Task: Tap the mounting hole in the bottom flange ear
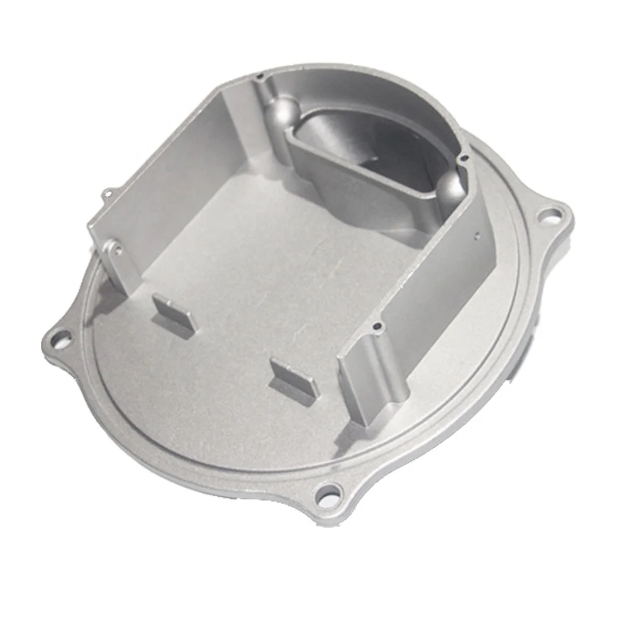(x=328, y=493)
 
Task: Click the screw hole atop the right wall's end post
(x=376, y=327)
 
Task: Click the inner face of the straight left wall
(x=164, y=182)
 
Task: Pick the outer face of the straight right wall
(x=440, y=283)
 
